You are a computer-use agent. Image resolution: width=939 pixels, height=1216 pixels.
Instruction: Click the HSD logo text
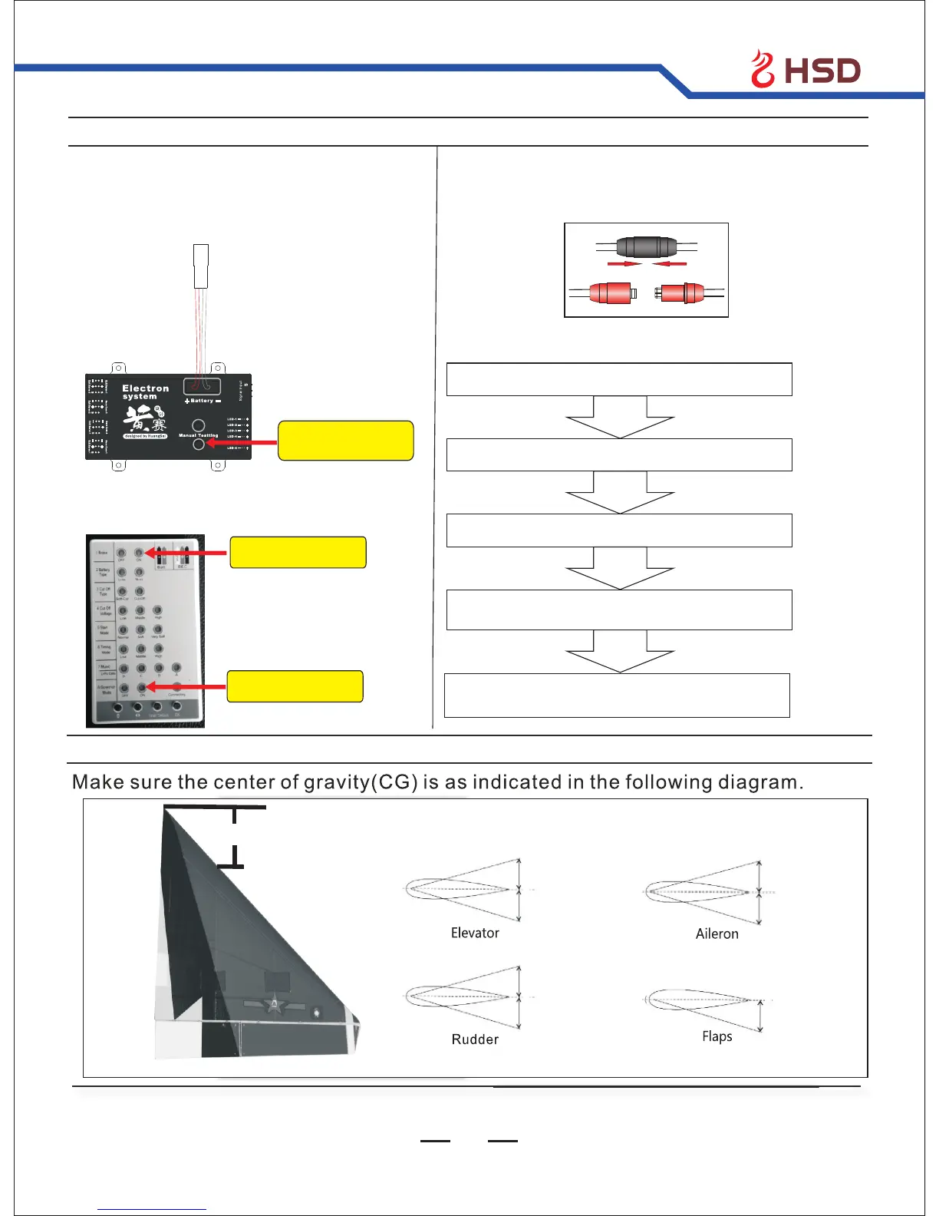(x=822, y=71)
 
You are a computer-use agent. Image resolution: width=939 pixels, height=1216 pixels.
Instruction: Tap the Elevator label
(x=475, y=933)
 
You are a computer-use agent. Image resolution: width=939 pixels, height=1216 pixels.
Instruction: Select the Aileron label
(x=717, y=933)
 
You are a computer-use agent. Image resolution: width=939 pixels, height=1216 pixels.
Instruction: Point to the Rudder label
(x=475, y=1039)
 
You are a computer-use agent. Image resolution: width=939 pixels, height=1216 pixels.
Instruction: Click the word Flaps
(x=717, y=1036)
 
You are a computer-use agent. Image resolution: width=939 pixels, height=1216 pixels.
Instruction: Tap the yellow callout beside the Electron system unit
(x=345, y=441)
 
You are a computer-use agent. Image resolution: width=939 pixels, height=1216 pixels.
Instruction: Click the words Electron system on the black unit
(x=145, y=392)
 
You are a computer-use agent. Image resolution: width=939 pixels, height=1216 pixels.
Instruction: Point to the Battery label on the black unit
(x=202, y=401)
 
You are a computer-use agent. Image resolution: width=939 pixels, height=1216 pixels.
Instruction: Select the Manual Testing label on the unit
(x=198, y=435)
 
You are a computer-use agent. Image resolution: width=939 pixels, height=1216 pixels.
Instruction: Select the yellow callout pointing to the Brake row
(x=298, y=553)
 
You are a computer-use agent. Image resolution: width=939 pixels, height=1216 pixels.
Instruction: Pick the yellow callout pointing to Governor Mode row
(x=295, y=686)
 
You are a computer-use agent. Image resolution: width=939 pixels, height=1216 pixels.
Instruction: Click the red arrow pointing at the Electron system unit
(x=241, y=443)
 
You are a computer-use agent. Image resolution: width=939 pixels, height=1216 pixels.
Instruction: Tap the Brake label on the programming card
(x=102, y=553)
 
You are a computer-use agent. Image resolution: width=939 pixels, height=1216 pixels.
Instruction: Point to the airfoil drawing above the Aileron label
(x=706, y=892)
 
